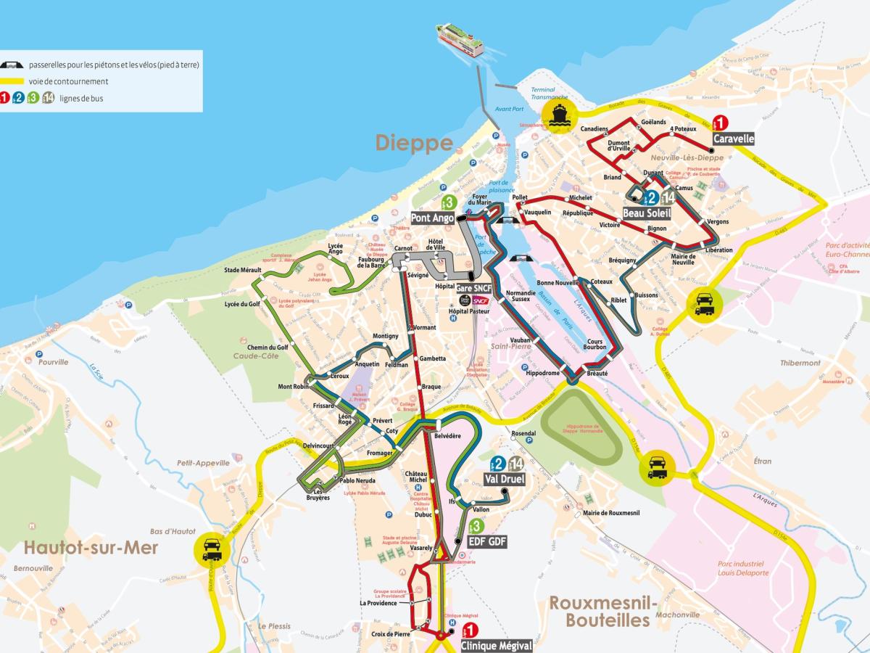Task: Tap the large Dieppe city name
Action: [414, 143]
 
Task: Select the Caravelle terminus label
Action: [734, 139]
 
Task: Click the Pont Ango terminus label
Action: [433, 217]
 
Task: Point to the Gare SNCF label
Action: [473, 288]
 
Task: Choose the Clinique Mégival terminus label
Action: [497, 645]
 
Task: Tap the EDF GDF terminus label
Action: [487, 541]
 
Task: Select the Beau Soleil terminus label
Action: [647, 213]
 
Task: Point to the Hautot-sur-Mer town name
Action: [91, 548]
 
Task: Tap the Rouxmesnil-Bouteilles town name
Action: [603, 612]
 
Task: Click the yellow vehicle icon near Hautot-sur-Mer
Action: [212, 548]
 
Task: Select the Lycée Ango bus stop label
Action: [335, 249]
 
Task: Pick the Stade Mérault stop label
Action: [242, 270]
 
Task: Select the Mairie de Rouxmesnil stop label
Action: [610, 514]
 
